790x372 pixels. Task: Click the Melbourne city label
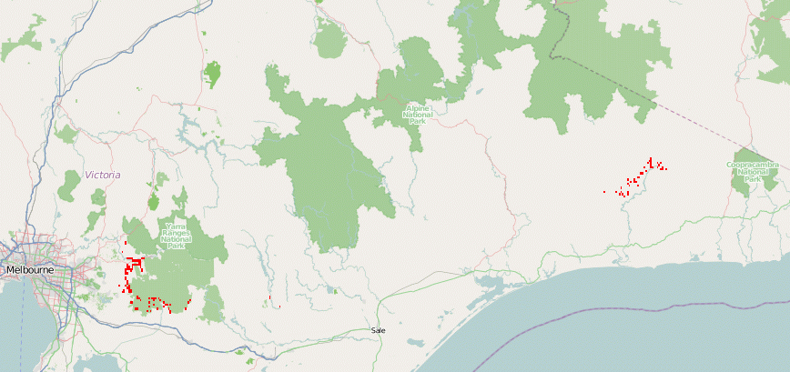point(29,270)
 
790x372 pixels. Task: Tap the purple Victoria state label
point(102,174)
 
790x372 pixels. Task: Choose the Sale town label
point(379,330)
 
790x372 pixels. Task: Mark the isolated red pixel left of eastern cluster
point(604,192)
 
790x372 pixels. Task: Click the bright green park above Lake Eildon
point(214,72)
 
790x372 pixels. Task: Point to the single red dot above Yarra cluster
point(125,243)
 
